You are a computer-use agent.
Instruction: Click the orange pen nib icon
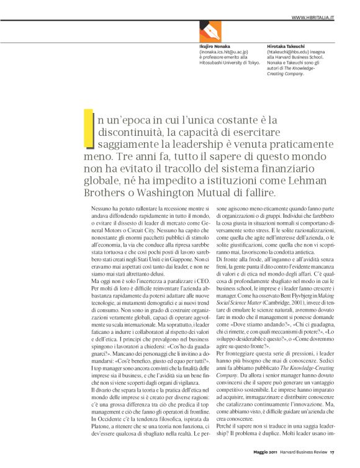point(211,30)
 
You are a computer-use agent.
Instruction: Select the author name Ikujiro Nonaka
point(215,47)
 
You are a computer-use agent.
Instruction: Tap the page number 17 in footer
point(333,460)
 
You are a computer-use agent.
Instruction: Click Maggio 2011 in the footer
point(256,460)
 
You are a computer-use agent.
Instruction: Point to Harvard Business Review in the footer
point(303,460)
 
